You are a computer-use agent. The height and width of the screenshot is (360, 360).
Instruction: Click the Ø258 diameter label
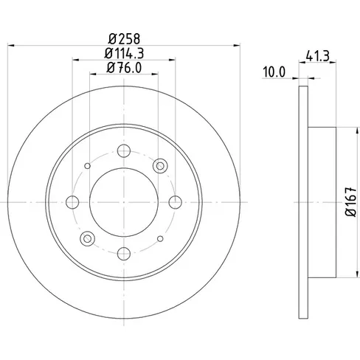124,38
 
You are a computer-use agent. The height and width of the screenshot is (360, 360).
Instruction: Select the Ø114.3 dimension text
124,53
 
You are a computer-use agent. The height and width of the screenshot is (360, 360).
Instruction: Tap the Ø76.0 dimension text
124,68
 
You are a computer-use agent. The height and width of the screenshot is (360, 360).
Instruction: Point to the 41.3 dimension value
317,56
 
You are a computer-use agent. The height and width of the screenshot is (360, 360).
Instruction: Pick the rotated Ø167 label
350,202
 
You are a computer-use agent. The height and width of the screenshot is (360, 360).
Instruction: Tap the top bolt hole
124,150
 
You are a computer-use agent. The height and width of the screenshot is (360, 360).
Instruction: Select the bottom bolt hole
124,254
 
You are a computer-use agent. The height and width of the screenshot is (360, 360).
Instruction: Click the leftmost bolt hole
72,202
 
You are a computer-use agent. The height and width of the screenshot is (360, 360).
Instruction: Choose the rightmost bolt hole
176,202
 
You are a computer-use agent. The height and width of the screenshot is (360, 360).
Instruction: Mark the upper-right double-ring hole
160,166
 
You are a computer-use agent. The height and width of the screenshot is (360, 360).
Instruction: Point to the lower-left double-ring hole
87,238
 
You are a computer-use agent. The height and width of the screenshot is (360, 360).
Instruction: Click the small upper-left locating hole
87,166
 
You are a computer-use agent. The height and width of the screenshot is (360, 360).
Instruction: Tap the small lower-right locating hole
160,238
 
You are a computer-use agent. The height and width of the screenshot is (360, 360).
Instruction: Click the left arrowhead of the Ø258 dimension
11,45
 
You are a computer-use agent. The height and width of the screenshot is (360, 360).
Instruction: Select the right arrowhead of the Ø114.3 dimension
172,60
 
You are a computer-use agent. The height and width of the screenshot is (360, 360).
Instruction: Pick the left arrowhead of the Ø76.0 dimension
93,74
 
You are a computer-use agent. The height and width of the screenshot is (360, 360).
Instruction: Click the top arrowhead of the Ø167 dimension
356,131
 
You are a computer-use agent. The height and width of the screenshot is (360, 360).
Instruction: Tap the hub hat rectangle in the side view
322,202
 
